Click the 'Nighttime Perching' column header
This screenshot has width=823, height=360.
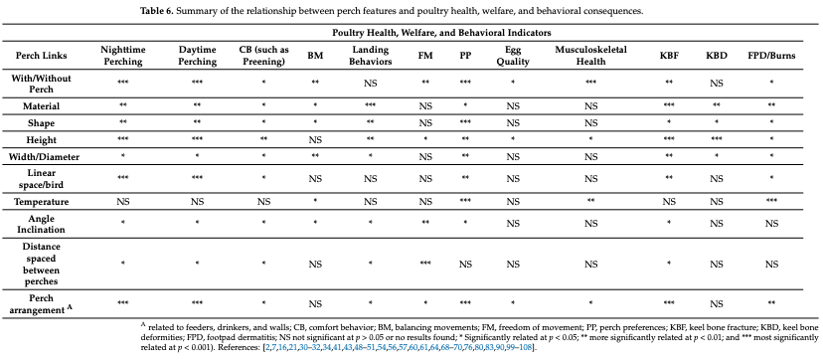pos(123,55)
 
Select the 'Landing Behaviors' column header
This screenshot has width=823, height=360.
pos(371,55)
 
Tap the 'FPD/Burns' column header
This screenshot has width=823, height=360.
pos(771,55)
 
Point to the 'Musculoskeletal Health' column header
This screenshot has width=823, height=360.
pos(591,55)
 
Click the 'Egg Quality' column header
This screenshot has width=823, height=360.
pos(513,55)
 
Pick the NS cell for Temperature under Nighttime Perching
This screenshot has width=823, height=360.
pos(123,202)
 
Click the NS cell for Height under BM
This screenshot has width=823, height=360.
pos(315,140)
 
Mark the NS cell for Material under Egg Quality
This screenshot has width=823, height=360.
pos(513,106)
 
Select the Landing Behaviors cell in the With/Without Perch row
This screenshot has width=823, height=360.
pos(371,83)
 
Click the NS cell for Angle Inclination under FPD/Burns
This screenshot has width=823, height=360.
pos(771,224)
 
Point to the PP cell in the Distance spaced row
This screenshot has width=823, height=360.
pos(466,264)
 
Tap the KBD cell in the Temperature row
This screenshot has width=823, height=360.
pos(717,202)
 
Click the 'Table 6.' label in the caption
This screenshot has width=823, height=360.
pos(159,12)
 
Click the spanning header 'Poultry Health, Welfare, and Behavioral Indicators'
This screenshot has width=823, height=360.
pos(441,33)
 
